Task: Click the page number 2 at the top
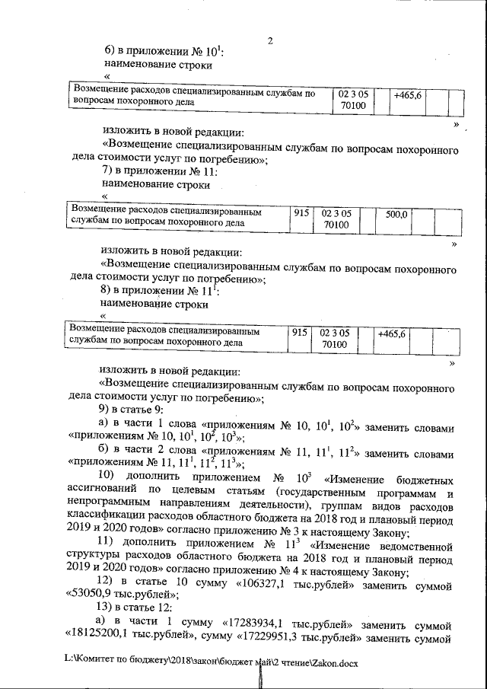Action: click(x=269, y=40)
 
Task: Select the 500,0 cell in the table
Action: click(x=396, y=215)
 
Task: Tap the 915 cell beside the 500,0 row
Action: click(x=301, y=215)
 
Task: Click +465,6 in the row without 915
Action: click(x=408, y=95)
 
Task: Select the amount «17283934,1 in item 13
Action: click(x=251, y=622)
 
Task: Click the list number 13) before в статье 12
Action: click(x=113, y=609)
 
